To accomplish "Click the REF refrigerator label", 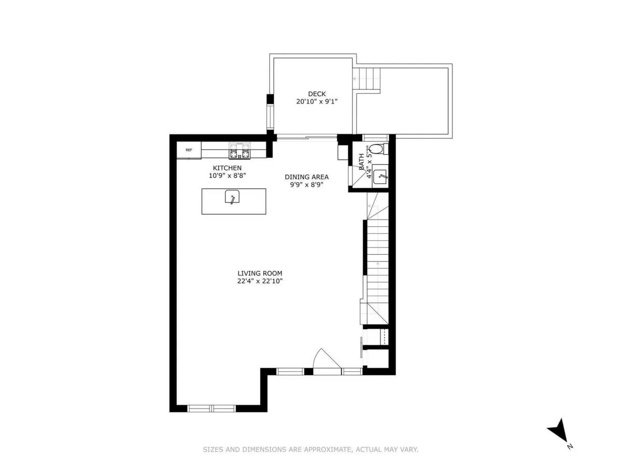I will pos(189,150).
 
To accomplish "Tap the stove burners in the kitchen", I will pos(239,152).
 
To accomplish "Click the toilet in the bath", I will pos(378,150).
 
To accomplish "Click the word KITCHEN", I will pos(227,168).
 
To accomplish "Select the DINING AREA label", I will pos(306,177).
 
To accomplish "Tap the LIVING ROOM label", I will pos(260,273).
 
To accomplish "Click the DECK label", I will pos(317,94).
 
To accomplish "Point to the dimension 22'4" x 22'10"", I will pos(260,282).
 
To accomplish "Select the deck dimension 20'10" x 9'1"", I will pos(317,102).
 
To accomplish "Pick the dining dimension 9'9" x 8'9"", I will pos(306,184).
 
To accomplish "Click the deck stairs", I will pos(366,79).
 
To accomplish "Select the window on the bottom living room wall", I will pos(211,408).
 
